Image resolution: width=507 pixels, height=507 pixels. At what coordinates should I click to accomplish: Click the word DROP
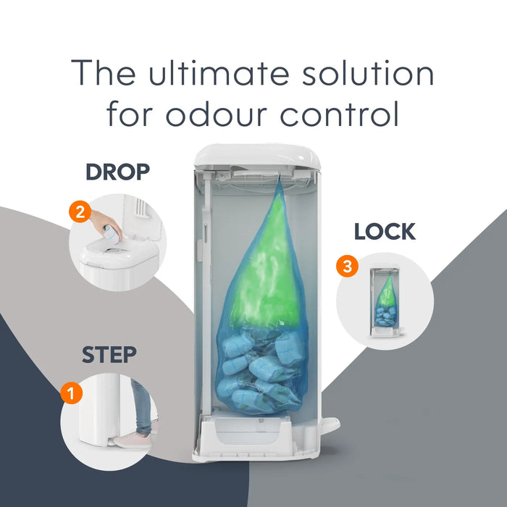117,172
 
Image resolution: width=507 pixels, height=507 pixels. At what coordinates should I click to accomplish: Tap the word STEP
109,355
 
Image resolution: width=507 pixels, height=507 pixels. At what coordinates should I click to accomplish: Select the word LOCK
385,232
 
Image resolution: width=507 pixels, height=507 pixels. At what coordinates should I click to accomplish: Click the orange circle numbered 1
72,393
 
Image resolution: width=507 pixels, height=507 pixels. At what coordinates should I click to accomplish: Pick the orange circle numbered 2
80,211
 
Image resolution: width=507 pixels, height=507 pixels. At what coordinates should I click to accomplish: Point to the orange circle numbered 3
347,266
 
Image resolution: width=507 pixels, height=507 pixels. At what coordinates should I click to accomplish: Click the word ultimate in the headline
219,72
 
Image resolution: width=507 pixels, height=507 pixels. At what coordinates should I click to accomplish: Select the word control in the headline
340,114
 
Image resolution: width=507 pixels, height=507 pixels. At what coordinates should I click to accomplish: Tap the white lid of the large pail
257,156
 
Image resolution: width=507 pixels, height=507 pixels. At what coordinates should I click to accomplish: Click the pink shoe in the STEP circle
133,441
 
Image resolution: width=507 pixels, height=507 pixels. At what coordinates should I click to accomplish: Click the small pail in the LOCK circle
386,302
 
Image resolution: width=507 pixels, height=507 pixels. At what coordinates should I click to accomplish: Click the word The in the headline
103,72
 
